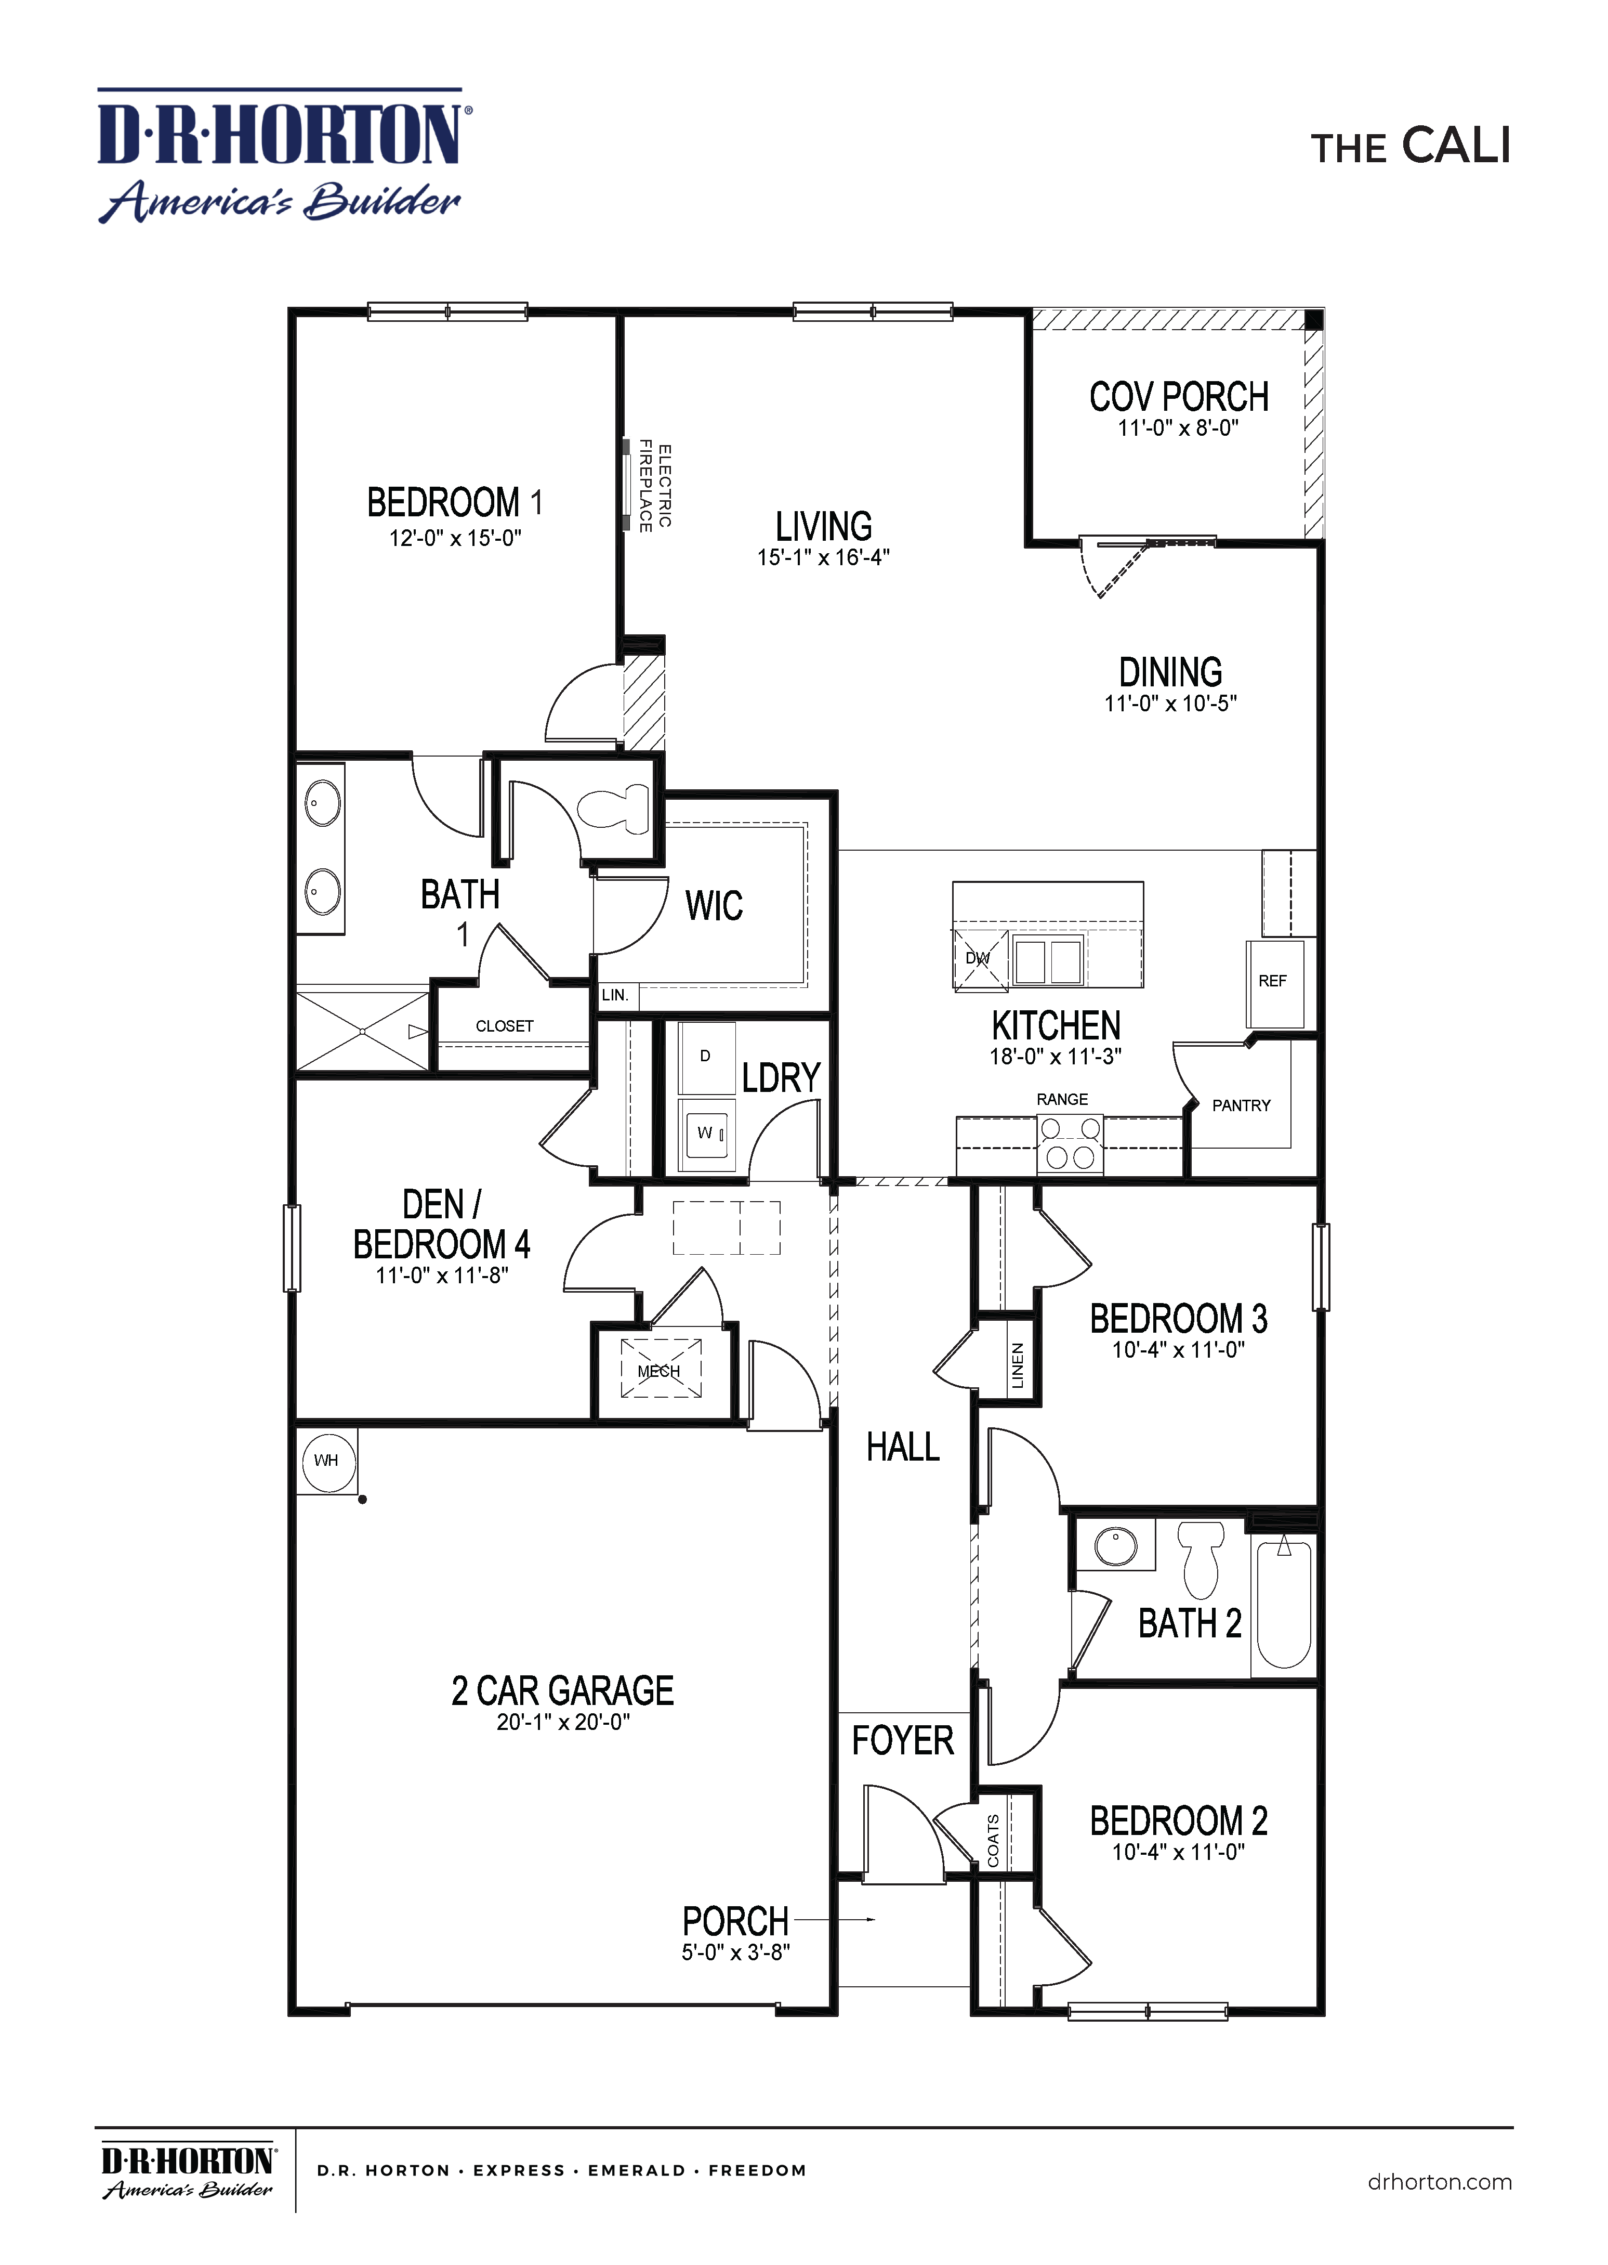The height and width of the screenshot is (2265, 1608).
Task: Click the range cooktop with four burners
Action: [x=1070, y=1144]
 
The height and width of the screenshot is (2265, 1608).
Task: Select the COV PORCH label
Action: [x=1178, y=397]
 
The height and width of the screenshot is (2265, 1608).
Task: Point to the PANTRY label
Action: [x=1241, y=1105]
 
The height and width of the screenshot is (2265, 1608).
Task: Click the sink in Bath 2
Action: [x=1116, y=1545]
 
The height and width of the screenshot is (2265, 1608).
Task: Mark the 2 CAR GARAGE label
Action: [x=562, y=1690]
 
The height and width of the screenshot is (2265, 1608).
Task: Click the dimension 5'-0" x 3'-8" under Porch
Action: [x=736, y=1952]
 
